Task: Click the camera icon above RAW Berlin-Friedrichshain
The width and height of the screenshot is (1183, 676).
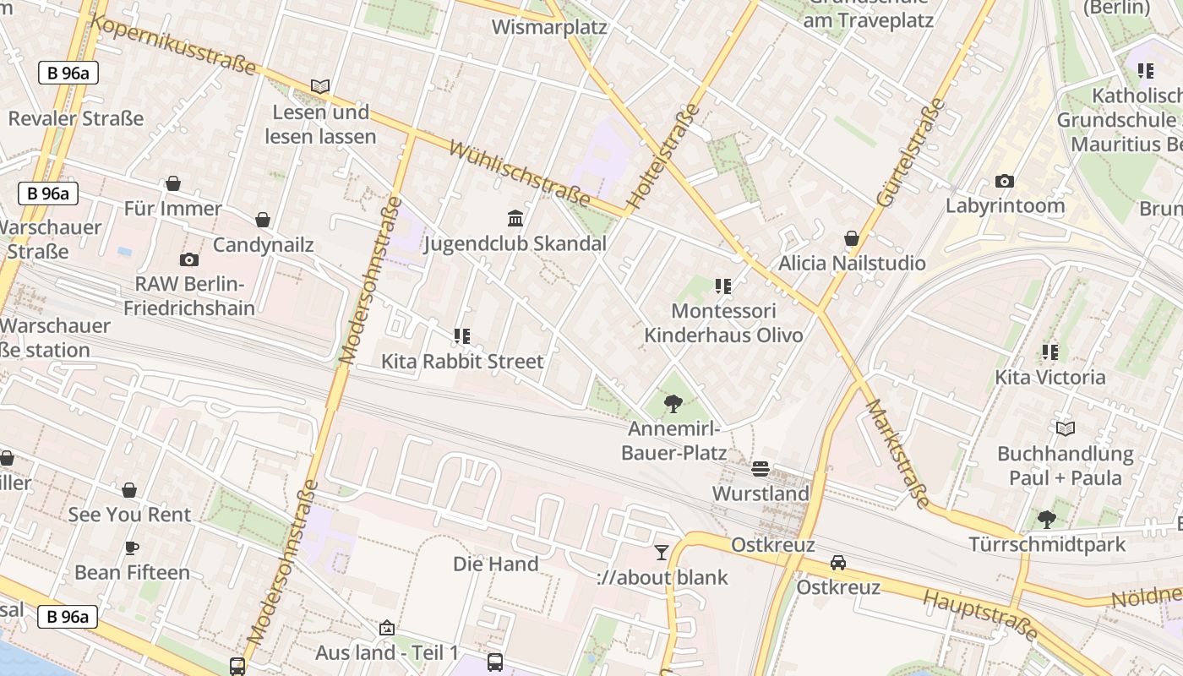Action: click(189, 259)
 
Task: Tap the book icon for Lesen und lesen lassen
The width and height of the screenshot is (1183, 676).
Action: click(320, 86)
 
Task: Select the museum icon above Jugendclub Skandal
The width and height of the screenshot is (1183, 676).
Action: click(515, 219)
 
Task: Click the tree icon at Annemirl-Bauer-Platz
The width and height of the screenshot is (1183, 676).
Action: click(673, 404)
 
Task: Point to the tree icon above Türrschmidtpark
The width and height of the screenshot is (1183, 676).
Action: click(1047, 519)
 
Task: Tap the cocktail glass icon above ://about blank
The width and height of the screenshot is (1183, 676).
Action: click(662, 553)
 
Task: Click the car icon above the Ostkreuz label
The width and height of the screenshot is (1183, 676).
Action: click(837, 562)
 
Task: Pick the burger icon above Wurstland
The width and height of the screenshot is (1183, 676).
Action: click(760, 468)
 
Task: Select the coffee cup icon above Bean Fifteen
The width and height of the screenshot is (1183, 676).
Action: click(132, 548)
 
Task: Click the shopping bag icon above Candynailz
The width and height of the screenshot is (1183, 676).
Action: click(263, 220)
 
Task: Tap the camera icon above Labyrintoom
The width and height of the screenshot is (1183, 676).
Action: click(1004, 181)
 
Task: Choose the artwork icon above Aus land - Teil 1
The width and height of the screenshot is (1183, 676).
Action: click(387, 628)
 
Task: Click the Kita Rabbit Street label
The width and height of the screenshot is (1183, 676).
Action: click(462, 362)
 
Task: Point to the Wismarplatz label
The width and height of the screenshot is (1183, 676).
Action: click(549, 27)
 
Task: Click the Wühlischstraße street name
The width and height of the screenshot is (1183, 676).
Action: click(519, 173)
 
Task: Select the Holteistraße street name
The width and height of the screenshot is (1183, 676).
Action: click(664, 156)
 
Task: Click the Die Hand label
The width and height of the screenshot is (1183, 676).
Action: click(495, 564)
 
